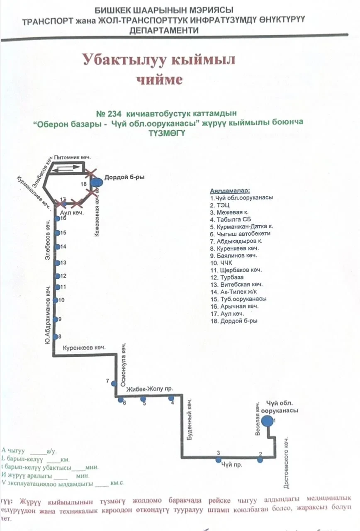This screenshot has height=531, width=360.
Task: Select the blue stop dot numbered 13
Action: [x=57, y=263]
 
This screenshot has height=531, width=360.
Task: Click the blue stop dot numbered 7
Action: [x=114, y=383]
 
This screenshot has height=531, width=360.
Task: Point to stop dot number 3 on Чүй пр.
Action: [x=218, y=459]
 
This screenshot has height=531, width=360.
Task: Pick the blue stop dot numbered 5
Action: [x=143, y=399]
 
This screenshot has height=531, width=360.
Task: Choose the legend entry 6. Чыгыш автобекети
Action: [x=234, y=233]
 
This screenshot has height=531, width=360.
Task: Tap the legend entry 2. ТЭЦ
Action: [x=220, y=205]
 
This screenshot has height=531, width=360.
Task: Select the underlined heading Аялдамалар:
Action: [x=230, y=190]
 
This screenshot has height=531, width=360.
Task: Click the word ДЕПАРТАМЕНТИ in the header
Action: [x=164, y=31]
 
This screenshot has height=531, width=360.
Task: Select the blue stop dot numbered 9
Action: [x=56, y=319]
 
